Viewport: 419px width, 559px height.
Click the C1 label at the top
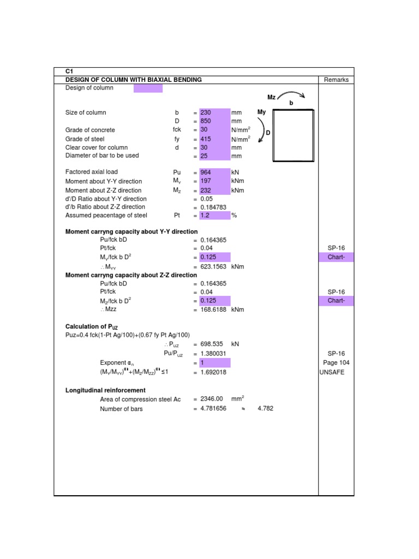click(69, 72)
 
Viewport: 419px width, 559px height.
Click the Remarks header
click(336, 80)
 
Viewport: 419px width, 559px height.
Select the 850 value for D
click(206, 121)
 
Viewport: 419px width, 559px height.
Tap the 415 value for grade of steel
click(206, 139)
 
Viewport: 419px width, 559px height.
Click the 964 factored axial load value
click(206, 172)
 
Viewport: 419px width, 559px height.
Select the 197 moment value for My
click(206, 181)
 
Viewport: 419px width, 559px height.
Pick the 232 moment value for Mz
click(206, 191)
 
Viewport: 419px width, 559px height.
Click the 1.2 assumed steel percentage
click(205, 216)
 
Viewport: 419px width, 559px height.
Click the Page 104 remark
click(336, 362)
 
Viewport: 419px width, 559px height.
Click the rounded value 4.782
click(265, 408)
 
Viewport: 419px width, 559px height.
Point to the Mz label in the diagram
click(272, 97)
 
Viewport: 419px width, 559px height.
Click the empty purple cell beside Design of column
click(148, 88)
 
